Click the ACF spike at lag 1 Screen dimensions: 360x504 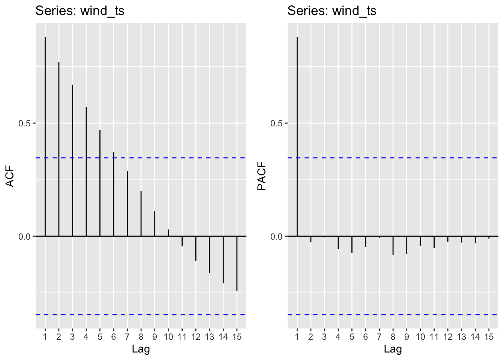coord(45,136)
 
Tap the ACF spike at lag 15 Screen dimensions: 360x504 coord(237,263)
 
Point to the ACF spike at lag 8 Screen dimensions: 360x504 coord(141,213)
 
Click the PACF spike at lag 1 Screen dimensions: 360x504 coord(297,136)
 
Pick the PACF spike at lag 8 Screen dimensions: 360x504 coord(393,246)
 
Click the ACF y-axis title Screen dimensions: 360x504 coord(10,176)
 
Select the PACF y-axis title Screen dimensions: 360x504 coord(262,176)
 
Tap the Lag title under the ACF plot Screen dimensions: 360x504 coord(141,349)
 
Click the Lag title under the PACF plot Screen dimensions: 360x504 coord(393,349)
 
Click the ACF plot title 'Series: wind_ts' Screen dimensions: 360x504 coord(80,11)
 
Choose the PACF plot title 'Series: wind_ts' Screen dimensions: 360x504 coord(332,11)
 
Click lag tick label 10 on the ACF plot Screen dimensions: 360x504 coord(168,337)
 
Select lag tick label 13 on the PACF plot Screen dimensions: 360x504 coord(461,337)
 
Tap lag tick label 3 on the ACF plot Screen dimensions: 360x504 coord(72,337)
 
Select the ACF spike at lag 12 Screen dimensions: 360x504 coord(196,248)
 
